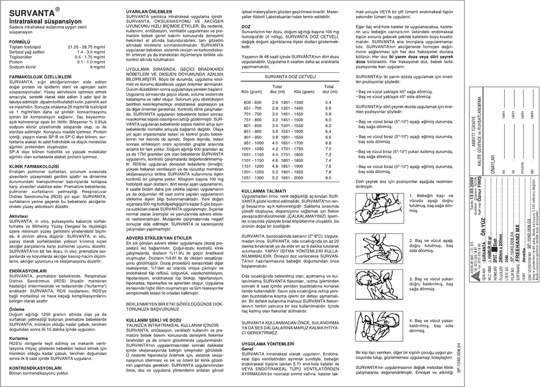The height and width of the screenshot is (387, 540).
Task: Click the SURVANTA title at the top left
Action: tap(32, 12)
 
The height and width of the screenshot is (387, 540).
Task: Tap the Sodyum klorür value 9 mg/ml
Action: tap(98, 67)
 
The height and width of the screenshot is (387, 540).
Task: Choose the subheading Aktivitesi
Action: tap(19, 217)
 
